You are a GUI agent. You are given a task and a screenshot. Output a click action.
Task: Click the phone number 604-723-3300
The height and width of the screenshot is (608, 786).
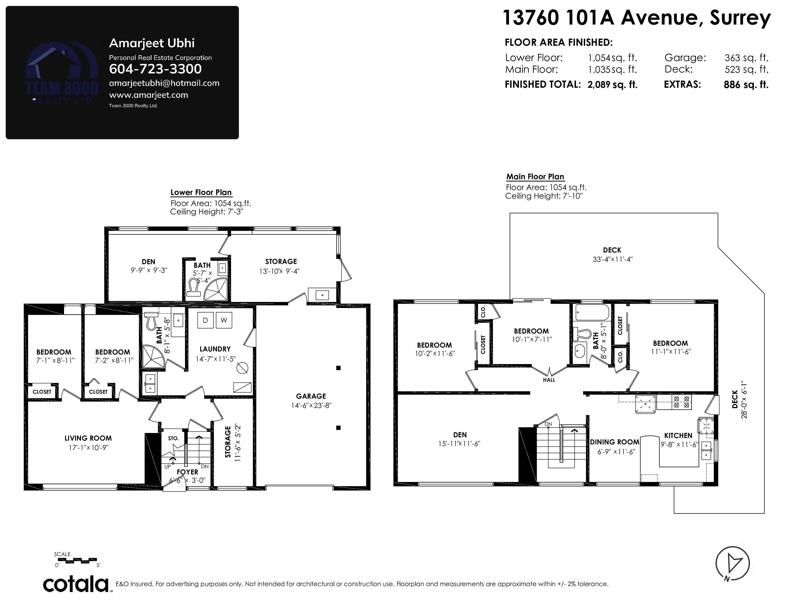tap(155, 69)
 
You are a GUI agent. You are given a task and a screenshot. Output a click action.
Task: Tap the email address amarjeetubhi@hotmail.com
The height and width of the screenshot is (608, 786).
tap(164, 83)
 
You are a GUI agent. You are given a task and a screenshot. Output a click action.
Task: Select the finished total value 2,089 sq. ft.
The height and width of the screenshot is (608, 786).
tap(612, 85)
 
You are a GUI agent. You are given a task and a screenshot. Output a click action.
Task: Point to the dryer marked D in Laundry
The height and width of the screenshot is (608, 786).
tap(205, 320)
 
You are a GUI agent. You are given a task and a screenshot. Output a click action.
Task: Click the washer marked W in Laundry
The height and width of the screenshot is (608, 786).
tap(224, 320)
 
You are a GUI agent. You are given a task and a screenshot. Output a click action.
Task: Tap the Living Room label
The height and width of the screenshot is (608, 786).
tap(88, 438)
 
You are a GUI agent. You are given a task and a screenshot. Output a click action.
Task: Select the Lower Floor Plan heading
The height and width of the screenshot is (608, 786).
tap(201, 192)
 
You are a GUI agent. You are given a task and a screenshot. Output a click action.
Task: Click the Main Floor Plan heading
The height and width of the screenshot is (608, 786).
tap(535, 176)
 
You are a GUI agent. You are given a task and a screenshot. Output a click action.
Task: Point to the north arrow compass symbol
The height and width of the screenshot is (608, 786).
tap(732, 563)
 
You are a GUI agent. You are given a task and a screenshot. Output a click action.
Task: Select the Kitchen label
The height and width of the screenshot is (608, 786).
tap(678, 435)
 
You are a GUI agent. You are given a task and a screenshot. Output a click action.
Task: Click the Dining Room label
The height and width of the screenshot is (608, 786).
tap(614, 442)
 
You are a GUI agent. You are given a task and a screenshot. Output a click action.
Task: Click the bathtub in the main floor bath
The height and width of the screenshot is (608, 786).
tap(592, 312)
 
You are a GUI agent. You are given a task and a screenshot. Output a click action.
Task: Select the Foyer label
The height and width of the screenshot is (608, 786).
tap(187, 472)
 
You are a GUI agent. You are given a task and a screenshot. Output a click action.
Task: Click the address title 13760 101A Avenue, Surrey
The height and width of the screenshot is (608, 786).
tap(636, 18)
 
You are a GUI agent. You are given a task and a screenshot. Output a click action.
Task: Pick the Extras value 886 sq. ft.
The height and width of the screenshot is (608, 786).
tap(746, 85)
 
